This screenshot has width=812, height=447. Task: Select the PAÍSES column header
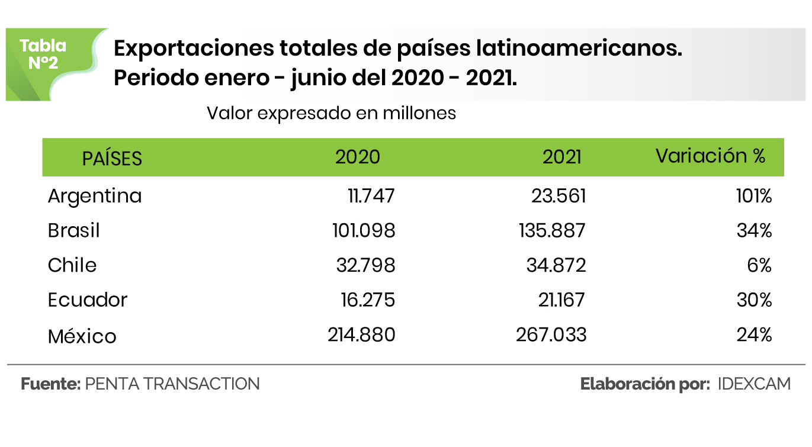point(112,159)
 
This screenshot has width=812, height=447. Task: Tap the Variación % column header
point(710,156)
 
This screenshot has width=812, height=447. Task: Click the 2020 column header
point(358,157)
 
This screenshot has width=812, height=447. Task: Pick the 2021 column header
point(562,157)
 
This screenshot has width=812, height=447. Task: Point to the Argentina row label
point(95,196)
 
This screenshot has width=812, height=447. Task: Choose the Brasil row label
point(74,230)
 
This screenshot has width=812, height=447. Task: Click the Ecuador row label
point(88,300)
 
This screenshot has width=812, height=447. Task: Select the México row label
point(82,336)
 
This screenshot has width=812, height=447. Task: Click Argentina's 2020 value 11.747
point(371,196)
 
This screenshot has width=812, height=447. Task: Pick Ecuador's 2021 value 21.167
point(556,300)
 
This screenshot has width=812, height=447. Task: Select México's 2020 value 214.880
point(361,335)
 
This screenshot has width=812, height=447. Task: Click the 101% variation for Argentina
point(755,196)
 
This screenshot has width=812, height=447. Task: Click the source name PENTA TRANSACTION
point(172,384)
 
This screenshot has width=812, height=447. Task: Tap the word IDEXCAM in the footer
point(754,384)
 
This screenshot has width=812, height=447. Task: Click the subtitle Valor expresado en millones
point(331,113)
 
